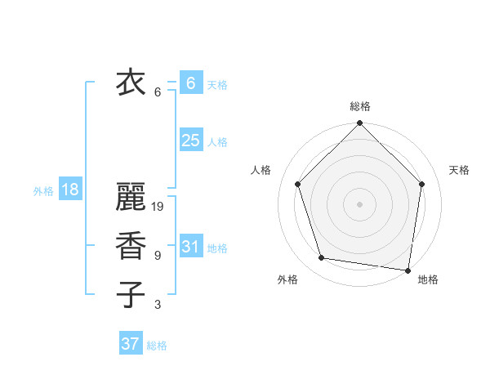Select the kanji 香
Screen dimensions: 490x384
pos(131,246)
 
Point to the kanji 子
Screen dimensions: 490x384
pos(131,294)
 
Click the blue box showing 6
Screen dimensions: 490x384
pos(190,83)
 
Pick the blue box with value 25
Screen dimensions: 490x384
pos(190,140)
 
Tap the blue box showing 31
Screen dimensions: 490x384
pos(190,246)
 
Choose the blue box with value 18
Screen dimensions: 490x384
pos(70,190)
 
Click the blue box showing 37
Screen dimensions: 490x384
pos(130,344)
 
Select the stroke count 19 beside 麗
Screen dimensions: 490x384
pos(158,207)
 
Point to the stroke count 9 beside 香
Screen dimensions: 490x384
pos(157,256)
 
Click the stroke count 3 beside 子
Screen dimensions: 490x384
pos(157,305)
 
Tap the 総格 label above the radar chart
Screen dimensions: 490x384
pos(360,106)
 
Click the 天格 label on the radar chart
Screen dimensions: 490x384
pos(459,170)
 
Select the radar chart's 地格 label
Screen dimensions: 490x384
pos(428,279)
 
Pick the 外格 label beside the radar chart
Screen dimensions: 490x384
pos(287,279)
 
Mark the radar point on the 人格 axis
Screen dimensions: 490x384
pos(298,184)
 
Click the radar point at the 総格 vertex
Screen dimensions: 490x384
pos(360,124)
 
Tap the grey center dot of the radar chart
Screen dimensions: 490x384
pos(360,203)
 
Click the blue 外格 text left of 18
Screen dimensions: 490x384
pos(43,191)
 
